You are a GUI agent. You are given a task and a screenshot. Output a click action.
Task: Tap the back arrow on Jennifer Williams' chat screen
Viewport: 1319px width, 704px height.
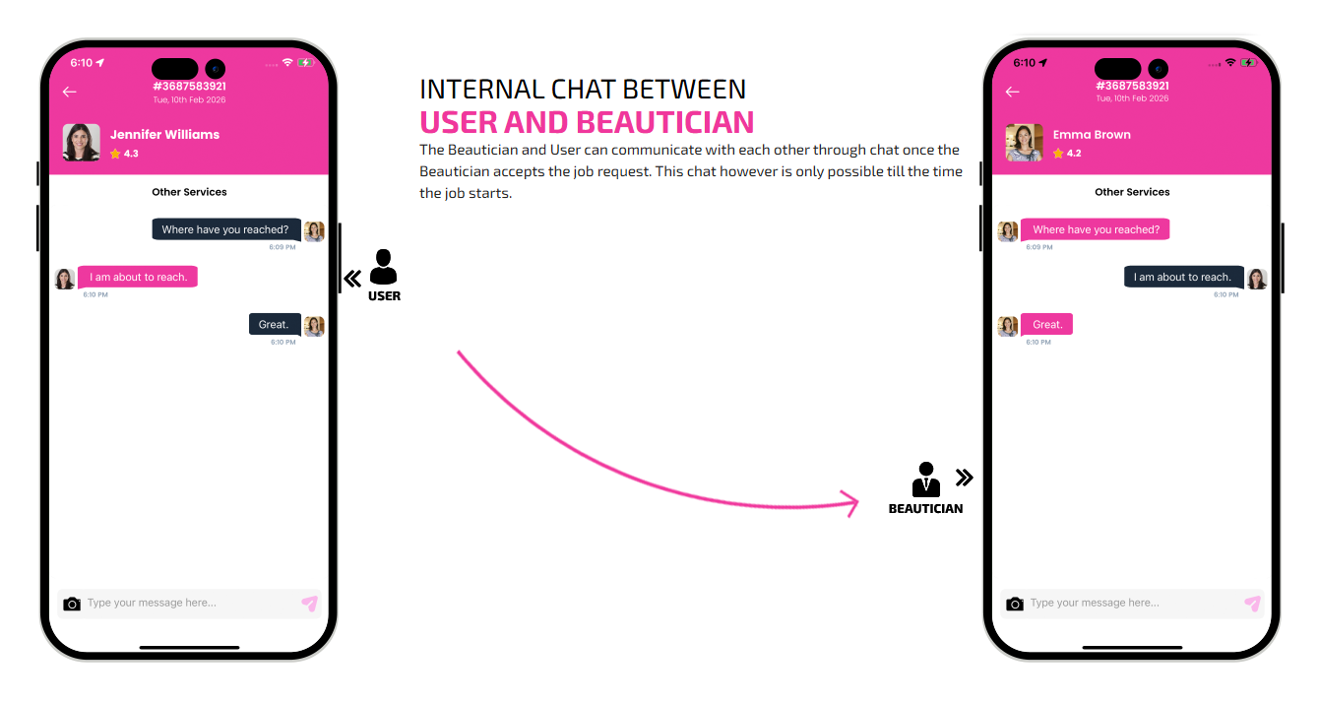[x=70, y=92]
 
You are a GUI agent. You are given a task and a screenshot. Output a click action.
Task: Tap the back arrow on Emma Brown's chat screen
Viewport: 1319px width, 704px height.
[x=1012, y=92]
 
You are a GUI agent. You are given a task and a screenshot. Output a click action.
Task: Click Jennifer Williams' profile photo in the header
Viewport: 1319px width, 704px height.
[x=82, y=143]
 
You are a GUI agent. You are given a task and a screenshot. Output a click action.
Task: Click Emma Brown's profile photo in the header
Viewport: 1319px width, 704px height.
[x=1024, y=143]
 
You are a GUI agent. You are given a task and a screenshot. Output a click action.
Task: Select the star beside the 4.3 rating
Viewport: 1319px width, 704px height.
[x=115, y=154]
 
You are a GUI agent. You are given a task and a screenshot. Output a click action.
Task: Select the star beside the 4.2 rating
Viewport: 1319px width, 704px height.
[x=1058, y=154]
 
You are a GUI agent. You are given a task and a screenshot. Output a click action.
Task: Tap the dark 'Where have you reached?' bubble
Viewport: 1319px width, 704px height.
[x=226, y=229]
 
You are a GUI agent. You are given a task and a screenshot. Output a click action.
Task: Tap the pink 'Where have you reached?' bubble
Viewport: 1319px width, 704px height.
[x=1096, y=229]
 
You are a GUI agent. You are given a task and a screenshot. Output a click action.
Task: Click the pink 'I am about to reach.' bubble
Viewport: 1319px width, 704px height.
[x=138, y=277]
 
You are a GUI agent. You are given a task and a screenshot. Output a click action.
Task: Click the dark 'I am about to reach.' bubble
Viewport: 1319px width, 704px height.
[x=1183, y=277]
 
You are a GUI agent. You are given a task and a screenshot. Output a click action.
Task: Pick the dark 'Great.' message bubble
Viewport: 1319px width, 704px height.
[x=275, y=324]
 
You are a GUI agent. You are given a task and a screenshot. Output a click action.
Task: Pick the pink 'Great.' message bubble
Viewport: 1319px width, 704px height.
[x=1046, y=324]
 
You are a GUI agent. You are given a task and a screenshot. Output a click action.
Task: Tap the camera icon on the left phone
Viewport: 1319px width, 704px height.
[x=72, y=604]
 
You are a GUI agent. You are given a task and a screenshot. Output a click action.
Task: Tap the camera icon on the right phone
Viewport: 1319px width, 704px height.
[x=1015, y=604]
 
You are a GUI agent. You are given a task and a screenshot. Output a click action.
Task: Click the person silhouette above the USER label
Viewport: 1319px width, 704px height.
[x=383, y=267]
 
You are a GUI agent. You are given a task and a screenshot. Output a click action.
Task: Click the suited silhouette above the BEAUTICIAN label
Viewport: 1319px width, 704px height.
[x=925, y=480]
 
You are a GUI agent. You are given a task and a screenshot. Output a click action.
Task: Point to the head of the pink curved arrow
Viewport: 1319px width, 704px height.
[x=856, y=502]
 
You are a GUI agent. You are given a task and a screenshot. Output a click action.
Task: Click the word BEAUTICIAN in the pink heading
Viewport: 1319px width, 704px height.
[x=664, y=122]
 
